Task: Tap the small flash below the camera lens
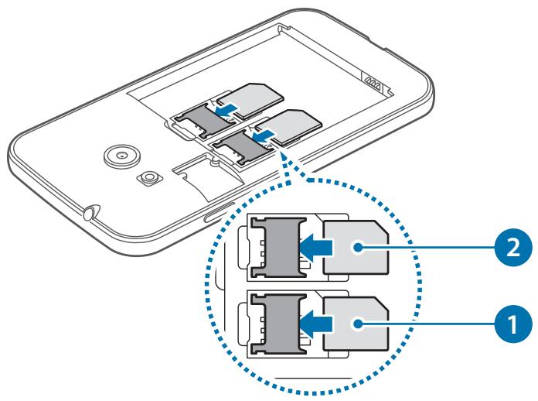pyautogui.click(x=145, y=178)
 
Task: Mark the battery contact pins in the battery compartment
pyautogui.click(x=376, y=83)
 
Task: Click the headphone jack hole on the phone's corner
pyautogui.click(x=89, y=210)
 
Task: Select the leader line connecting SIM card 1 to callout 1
pyautogui.click(x=425, y=318)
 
